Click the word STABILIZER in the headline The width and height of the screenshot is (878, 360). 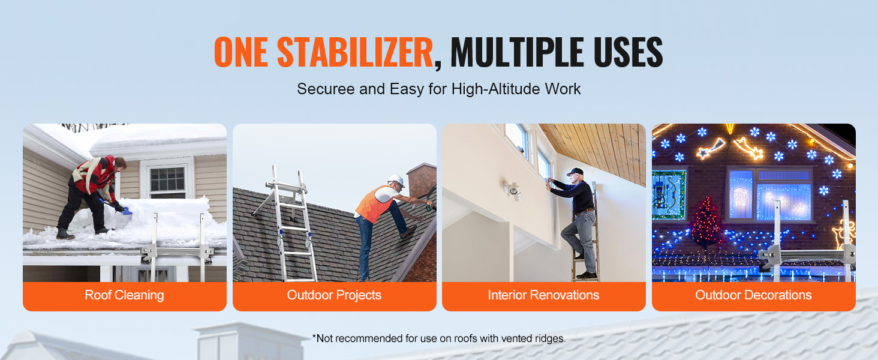[354, 52]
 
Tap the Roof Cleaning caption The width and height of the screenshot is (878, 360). [124, 295]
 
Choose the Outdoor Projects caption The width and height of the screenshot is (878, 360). [334, 295]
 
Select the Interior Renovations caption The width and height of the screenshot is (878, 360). [543, 295]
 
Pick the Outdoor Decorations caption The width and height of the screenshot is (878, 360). [753, 295]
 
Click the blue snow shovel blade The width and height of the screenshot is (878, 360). [127, 211]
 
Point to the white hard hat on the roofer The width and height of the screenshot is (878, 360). [396, 181]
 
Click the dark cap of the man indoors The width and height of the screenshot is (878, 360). [575, 172]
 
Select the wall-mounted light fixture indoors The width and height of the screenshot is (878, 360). [513, 191]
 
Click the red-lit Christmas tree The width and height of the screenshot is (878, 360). [706, 222]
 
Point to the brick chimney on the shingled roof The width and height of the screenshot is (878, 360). [422, 184]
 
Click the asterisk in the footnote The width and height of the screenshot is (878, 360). [314, 337]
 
